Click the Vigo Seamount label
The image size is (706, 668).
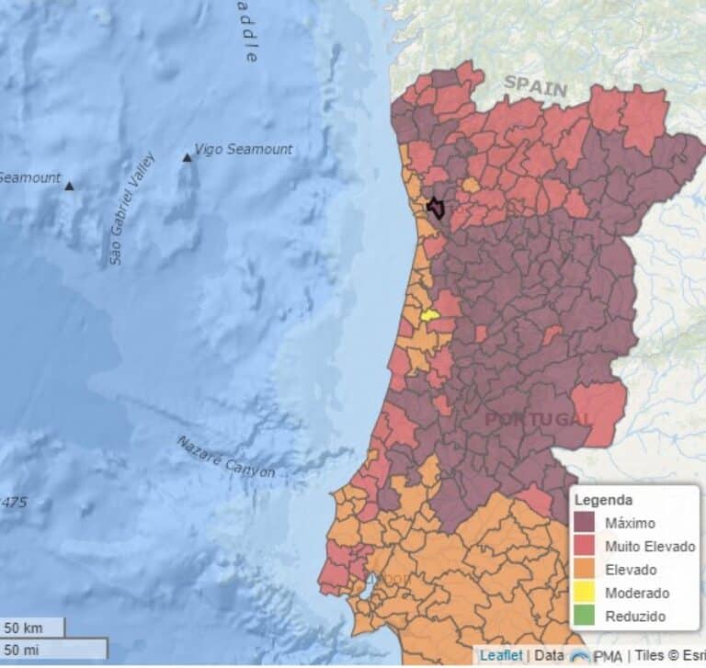tap(244, 149)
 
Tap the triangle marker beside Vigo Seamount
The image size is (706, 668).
tap(188, 157)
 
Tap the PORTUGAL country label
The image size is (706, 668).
tap(538, 419)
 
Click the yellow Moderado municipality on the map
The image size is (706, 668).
tap(428, 315)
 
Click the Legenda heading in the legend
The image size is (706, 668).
tap(602, 500)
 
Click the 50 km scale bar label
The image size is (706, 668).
tap(24, 628)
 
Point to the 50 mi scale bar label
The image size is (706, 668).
tap(24, 650)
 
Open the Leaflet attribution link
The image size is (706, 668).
tap(501, 655)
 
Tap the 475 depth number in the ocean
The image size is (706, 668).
tap(13, 502)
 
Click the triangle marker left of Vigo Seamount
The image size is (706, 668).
tap(69, 186)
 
